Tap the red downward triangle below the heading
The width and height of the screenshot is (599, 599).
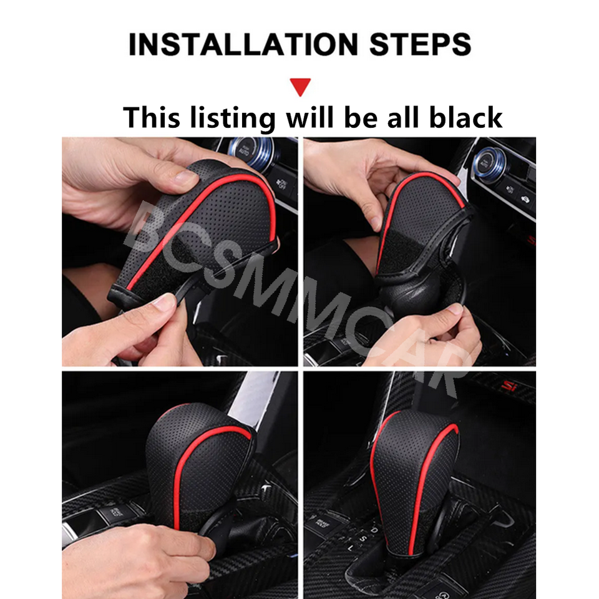click(x=300, y=86)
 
